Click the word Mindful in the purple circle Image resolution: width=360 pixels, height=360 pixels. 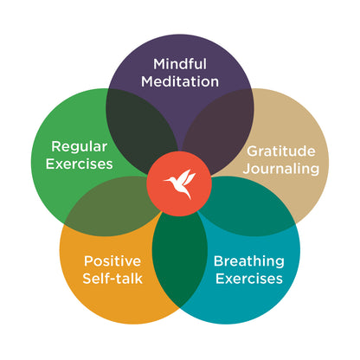[x=180, y=63]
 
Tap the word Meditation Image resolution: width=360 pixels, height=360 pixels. [x=180, y=82]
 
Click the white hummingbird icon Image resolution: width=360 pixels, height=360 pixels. [x=180, y=184]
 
